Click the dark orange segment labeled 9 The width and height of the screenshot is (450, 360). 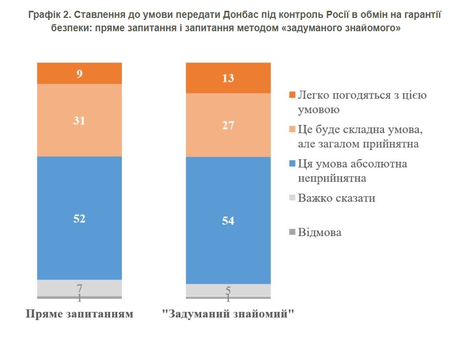79,73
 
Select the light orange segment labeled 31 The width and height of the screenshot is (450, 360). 79,120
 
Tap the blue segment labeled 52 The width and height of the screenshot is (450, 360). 79,218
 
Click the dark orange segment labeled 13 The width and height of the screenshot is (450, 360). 228,78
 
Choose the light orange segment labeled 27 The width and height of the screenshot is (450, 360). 228,125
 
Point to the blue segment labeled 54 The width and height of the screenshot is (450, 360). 228,220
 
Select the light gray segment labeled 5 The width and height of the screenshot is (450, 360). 228,289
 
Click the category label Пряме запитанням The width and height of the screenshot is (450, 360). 79,314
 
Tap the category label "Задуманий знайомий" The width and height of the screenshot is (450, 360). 228,314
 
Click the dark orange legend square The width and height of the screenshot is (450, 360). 292,96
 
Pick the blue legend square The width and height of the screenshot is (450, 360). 292,164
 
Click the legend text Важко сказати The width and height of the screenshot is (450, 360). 336,198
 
